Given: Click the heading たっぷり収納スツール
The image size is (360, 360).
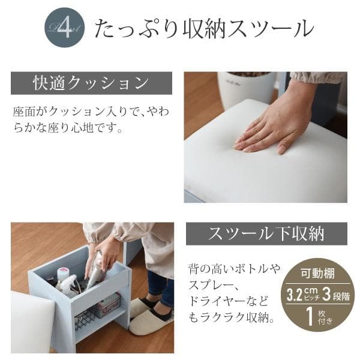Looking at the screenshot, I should [x=203, y=29].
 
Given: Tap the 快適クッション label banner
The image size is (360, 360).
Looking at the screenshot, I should [x=91, y=83].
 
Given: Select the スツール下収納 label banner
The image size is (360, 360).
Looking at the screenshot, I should [x=266, y=233].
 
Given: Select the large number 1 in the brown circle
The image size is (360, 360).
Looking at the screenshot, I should [x=310, y=316].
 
